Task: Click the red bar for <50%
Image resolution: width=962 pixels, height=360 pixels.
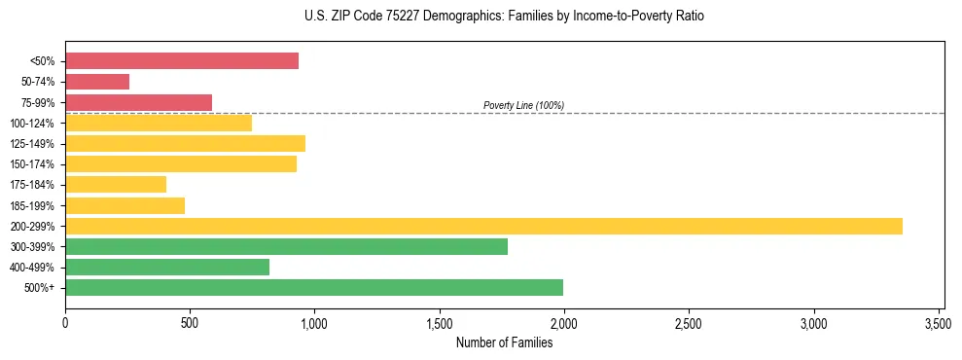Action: pos(182,61)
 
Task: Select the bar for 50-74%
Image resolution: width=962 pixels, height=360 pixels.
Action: pos(97,82)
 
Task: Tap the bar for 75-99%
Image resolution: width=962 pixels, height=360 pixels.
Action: pos(138,102)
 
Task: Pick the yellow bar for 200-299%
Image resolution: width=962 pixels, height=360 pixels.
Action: pos(483,226)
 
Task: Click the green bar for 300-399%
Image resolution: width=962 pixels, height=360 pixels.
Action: pos(286,246)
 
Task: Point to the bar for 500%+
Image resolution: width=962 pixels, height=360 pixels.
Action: pos(314,287)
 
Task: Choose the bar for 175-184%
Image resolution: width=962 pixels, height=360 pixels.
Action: pos(116,184)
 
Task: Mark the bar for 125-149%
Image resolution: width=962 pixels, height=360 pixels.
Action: pos(185,143)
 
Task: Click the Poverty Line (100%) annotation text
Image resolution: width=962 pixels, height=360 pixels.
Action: pos(523,105)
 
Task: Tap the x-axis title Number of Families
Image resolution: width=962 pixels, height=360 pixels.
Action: pos(504,342)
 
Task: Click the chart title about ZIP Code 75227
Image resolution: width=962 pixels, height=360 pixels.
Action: pos(504,17)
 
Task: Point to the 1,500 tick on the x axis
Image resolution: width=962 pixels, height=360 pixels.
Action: pos(440,322)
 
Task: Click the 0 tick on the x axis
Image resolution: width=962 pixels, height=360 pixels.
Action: pos(65,322)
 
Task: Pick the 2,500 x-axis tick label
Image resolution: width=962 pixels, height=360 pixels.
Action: pos(689,322)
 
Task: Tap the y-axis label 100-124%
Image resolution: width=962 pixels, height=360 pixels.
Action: pos(32,124)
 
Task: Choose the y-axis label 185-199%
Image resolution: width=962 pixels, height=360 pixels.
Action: pos(32,205)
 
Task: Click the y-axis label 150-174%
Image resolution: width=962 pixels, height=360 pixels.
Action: pos(32,164)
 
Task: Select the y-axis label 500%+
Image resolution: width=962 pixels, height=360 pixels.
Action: pos(39,288)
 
